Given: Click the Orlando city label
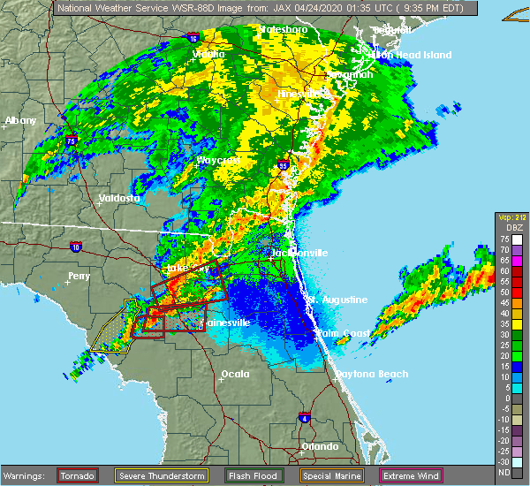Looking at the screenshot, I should [320, 446].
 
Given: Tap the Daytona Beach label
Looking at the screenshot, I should [371, 374].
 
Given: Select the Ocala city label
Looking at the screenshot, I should [234, 374].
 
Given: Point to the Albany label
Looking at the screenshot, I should [20, 120].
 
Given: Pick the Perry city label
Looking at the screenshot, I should [79, 276].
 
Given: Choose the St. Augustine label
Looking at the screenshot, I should [337, 300].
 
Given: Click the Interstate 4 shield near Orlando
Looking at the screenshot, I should [304, 416].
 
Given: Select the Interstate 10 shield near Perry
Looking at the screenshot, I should [76, 247].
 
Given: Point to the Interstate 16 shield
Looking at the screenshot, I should [192, 39].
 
